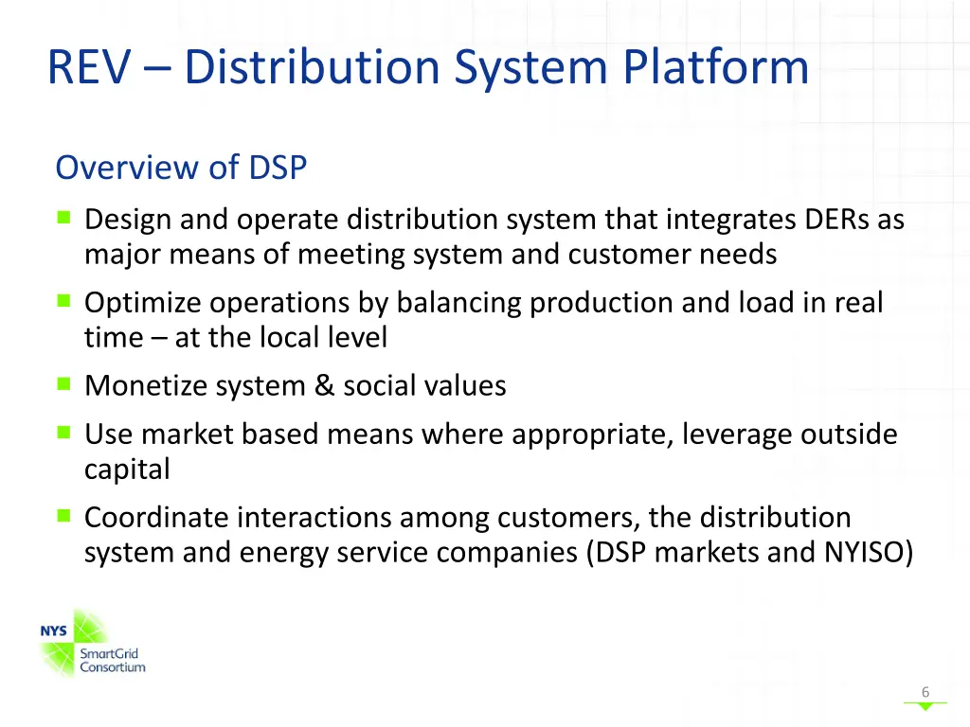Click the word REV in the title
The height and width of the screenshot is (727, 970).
coord(87,68)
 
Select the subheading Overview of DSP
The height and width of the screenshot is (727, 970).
coord(181,168)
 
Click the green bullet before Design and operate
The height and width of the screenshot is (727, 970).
coord(63,218)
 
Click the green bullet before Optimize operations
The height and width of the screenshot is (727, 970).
coord(63,301)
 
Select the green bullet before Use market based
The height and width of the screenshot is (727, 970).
coord(63,433)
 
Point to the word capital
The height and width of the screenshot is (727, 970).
coord(127,470)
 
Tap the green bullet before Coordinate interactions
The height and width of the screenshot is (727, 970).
coord(63,516)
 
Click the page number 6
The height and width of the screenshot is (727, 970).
coord(925,692)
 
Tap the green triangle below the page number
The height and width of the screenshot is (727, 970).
coord(925,706)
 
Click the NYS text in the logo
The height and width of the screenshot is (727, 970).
coord(54,631)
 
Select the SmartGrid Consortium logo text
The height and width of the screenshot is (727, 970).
coord(112,660)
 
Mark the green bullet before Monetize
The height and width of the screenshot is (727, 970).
coord(63,384)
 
